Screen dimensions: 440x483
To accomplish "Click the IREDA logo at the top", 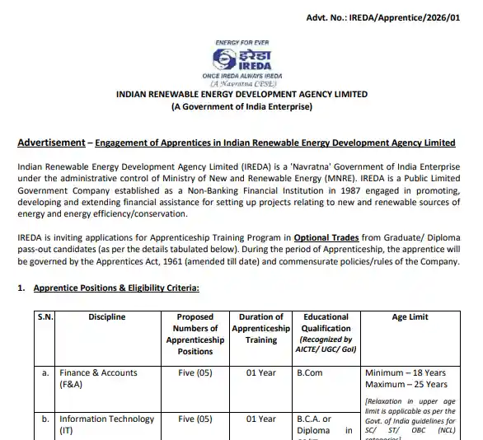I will (242, 58).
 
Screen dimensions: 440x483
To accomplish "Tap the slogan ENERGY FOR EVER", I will (242, 41).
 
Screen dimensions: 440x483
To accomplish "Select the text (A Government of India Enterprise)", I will (242, 107).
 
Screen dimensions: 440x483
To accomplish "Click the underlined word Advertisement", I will (50, 143).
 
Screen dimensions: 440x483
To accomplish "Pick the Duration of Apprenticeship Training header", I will (260, 328).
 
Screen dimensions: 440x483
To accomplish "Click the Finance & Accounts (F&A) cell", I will (98, 378).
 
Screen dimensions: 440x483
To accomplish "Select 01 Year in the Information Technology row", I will (260, 419).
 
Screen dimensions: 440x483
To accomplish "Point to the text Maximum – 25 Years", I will (406, 384).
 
